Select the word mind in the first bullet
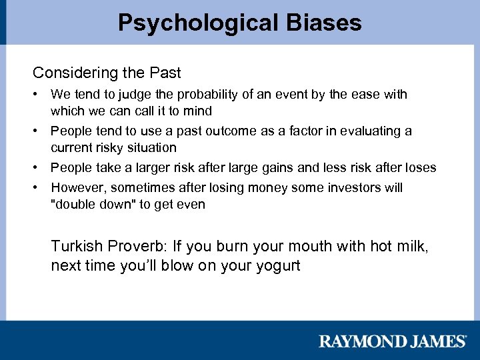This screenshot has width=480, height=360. pos(198,111)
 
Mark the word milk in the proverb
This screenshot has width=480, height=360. pos(413,247)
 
